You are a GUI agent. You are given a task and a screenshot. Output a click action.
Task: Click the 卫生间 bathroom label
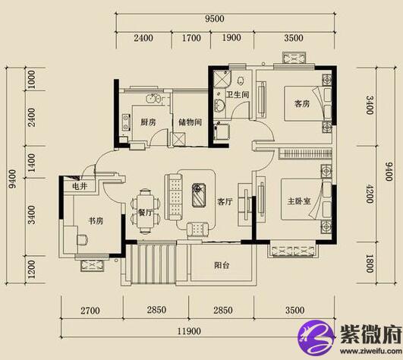[x=238, y=94]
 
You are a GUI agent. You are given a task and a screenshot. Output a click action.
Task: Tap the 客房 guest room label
[x=302, y=103]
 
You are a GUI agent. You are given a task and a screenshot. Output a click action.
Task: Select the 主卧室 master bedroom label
[x=299, y=201]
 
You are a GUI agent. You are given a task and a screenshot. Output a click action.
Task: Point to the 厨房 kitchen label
[x=148, y=122]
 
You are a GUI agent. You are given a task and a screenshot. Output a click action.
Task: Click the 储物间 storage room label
[x=190, y=122]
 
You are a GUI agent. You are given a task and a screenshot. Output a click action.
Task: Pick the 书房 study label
[x=96, y=220]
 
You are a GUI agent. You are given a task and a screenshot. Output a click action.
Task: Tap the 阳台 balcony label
[x=222, y=265]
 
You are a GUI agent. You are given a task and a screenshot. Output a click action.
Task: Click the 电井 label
[x=80, y=186]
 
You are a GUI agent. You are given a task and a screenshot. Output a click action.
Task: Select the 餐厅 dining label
[x=145, y=213]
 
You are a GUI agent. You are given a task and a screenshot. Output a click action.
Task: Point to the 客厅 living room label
[x=225, y=201]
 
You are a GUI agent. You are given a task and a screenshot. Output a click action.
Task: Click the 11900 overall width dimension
[x=190, y=331]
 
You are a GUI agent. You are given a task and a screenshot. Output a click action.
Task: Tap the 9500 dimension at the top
[x=215, y=19]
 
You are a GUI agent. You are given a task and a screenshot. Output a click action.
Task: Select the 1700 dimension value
[x=191, y=38]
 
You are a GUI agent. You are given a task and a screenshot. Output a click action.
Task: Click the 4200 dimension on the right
[x=370, y=194]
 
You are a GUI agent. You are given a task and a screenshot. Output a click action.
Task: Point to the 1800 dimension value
[x=370, y=264]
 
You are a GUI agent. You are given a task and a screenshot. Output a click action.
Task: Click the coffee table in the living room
[x=199, y=194]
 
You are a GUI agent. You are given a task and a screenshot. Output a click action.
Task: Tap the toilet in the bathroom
[x=241, y=81]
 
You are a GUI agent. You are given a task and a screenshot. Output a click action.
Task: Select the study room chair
[x=83, y=239]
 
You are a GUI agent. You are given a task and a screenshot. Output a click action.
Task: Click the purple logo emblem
[x=316, y=337]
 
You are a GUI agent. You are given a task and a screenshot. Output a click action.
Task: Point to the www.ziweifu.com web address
[x=370, y=350]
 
